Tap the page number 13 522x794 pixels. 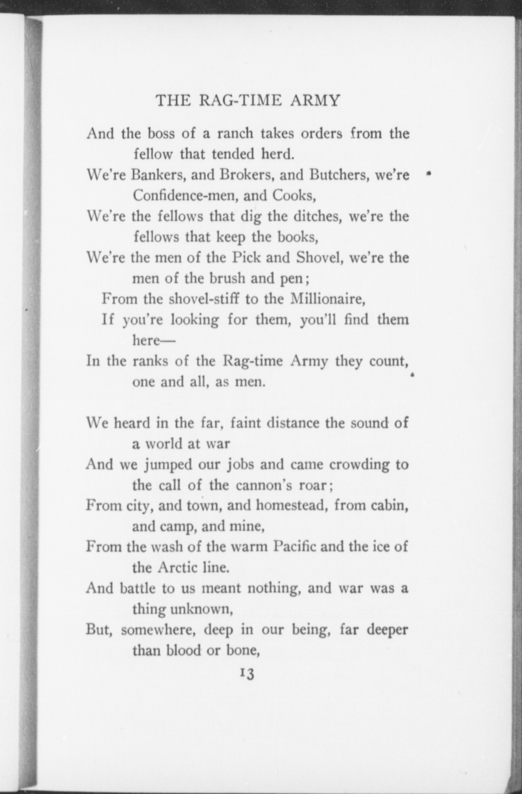click(247, 674)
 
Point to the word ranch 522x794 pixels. click(235, 133)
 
